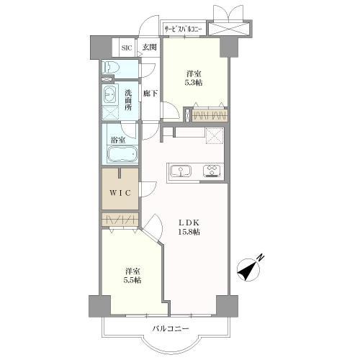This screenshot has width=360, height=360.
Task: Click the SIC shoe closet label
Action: (x=127, y=48)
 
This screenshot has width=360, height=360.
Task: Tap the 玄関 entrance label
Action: (x=149, y=48)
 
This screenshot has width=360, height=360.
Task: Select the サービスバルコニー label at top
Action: (x=184, y=29)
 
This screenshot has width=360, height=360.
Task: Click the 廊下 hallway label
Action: (x=150, y=94)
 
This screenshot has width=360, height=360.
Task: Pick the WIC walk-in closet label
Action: (x=120, y=192)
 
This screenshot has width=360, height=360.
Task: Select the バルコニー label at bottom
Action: (x=171, y=330)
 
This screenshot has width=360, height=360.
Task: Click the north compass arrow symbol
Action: (x=249, y=269)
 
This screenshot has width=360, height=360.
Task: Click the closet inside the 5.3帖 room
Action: (x=208, y=115)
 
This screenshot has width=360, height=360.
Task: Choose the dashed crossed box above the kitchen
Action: (x=215, y=135)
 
